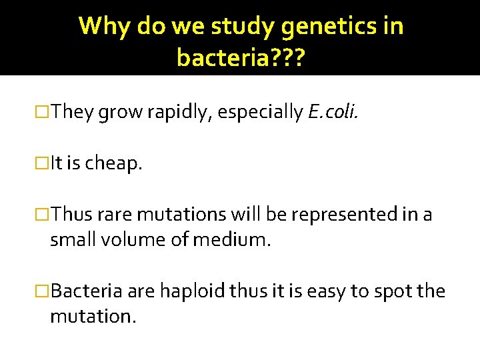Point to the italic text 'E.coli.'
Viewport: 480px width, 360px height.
pos(333,113)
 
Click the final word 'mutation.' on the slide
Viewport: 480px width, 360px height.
pos(93,315)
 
